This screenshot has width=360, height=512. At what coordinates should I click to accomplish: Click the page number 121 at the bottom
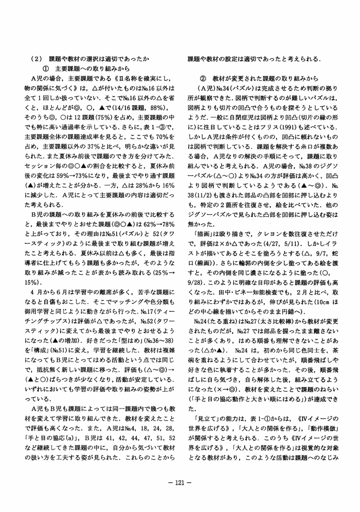click(x=179, y=482)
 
